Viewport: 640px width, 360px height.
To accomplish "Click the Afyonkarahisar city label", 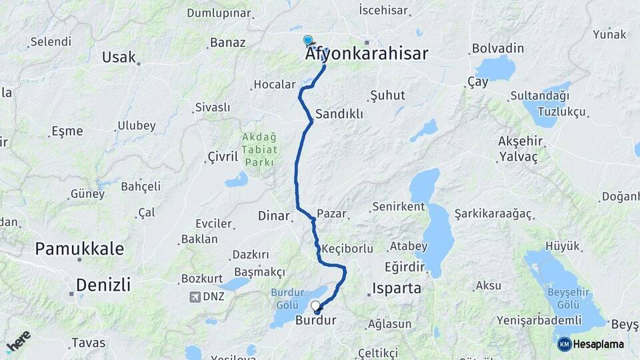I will [x=366, y=55].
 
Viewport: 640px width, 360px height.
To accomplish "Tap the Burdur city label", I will [x=315, y=321].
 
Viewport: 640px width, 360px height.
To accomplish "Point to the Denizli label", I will [x=103, y=285].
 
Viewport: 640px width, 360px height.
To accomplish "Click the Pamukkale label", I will [x=79, y=249].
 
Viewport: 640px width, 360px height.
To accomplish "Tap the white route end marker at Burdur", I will [x=315, y=306].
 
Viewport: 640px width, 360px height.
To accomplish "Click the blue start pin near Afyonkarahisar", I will [x=307, y=41].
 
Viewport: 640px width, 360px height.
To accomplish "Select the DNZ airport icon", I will [x=195, y=297].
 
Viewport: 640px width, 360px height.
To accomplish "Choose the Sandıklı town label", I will [x=339, y=114].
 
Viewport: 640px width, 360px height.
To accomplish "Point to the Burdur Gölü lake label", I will [x=287, y=299].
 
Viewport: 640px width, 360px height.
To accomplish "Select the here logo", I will [x=18, y=341].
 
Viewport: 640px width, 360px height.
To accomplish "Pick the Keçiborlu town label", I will [x=347, y=249].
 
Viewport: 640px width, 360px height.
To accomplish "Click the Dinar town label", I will [x=274, y=216].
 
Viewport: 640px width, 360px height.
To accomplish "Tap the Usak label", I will [x=119, y=57].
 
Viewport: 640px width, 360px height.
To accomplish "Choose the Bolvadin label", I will [x=497, y=49].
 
